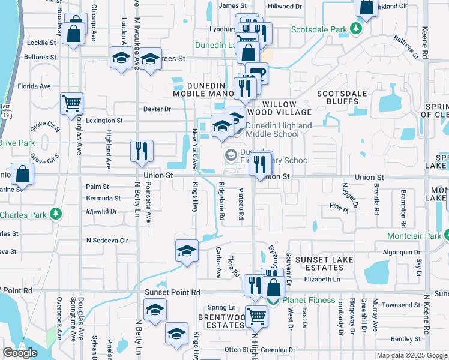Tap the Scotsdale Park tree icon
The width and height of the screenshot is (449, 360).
[x=356, y=29]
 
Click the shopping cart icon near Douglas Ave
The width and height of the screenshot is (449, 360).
[x=72, y=103]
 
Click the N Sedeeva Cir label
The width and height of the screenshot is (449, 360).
[x=107, y=240]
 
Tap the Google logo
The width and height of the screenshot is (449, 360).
[x=20, y=353]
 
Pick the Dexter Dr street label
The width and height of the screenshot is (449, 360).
[x=157, y=109]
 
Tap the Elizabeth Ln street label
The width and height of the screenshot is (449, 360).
[x=322, y=280]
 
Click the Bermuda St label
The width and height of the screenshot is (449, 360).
[x=103, y=198]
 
